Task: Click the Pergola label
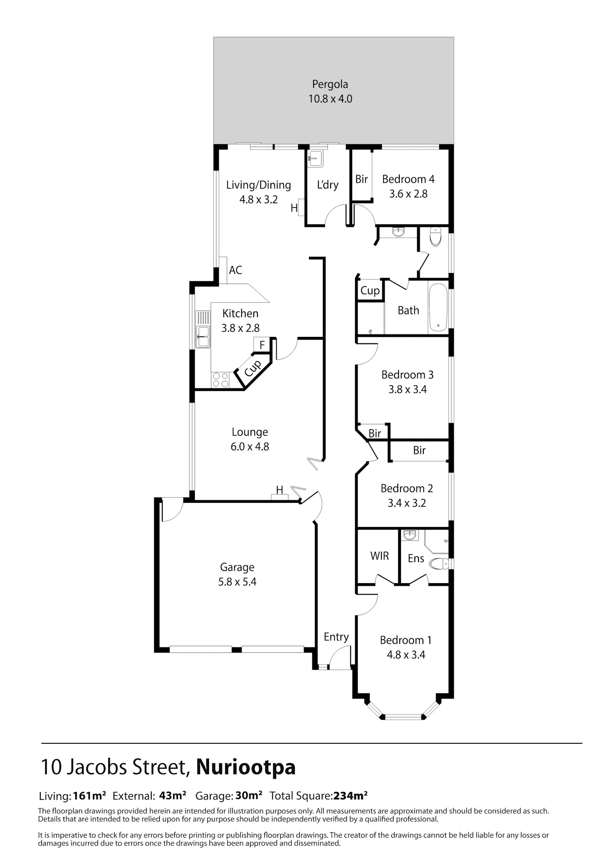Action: click(x=330, y=84)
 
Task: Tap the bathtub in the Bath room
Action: click(x=438, y=307)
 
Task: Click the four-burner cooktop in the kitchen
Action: click(x=220, y=380)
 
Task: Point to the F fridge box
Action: click(x=262, y=345)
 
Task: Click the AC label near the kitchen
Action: click(x=235, y=270)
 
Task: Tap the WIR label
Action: click(x=379, y=556)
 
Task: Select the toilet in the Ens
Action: click(x=439, y=564)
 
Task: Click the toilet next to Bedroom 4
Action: click(x=435, y=237)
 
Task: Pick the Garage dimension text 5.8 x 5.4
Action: click(x=237, y=582)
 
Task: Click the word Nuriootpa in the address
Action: click(x=246, y=767)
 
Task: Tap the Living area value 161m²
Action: click(x=89, y=795)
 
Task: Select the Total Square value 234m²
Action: click(x=351, y=795)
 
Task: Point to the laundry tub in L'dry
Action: click(x=315, y=158)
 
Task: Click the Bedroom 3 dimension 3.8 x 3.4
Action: click(x=407, y=389)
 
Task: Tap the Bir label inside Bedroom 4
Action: click(x=362, y=179)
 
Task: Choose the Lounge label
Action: click(x=250, y=432)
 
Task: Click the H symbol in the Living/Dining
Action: click(x=294, y=208)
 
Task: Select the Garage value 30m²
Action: click(x=248, y=795)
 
